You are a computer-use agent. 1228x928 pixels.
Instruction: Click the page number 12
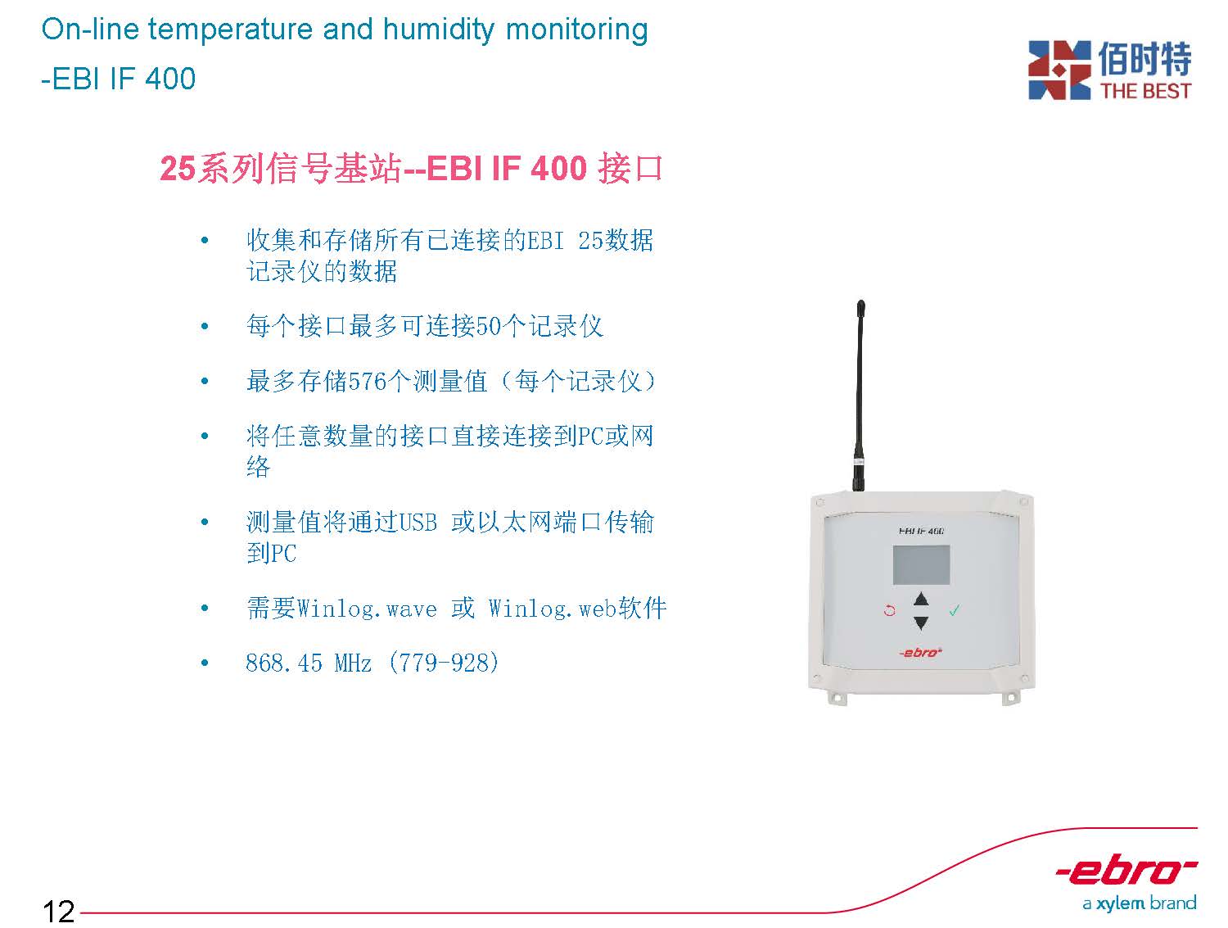point(58,911)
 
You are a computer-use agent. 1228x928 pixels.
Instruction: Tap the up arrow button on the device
point(921,600)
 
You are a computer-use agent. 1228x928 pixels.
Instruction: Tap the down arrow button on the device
point(921,622)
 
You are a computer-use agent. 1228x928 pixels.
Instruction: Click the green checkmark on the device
point(955,610)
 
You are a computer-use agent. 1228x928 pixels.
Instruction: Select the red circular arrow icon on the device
point(890,611)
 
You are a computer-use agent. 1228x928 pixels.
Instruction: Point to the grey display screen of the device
point(921,565)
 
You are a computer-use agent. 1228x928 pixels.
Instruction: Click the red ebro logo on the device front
point(921,652)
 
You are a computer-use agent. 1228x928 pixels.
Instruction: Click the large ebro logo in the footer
point(1126,873)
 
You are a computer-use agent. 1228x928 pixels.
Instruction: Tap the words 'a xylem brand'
point(1140,903)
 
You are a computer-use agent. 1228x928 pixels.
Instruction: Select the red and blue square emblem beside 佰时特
point(1059,70)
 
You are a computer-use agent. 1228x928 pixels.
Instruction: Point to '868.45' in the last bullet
point(283,663)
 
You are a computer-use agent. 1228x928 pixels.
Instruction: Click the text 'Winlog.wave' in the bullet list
point(367,609)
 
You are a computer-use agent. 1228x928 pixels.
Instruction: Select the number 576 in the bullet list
point(367,381)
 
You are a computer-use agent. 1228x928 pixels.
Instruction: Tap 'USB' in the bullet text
point(418,523)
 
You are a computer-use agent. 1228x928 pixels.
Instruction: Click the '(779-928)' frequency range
point(444,663)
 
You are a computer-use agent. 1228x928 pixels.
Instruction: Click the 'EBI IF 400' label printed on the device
point(921,531)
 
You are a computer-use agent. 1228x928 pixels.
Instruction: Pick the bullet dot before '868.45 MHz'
point(205,663)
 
